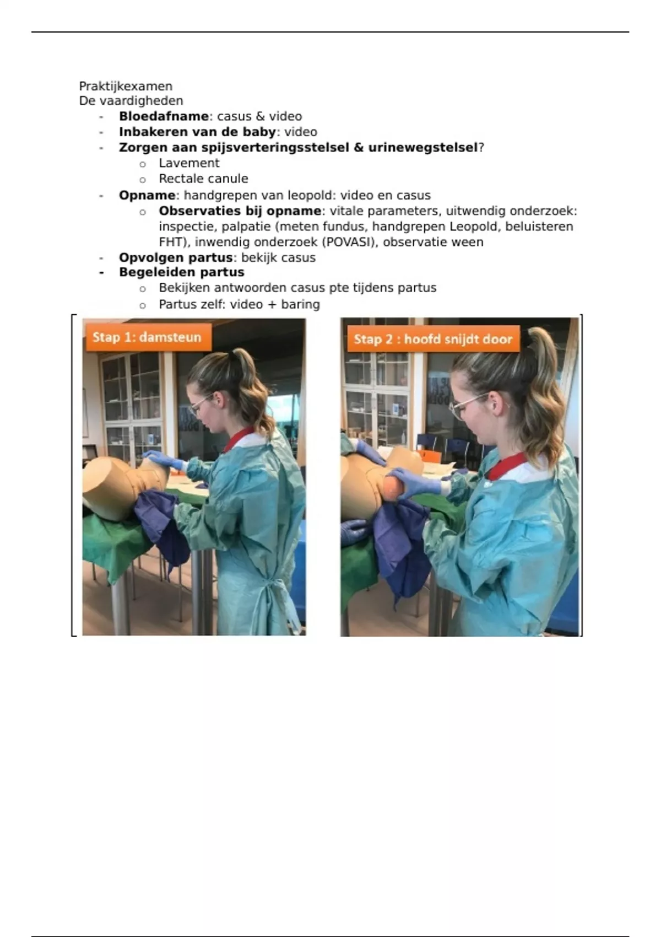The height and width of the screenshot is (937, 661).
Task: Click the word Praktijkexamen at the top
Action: [x=126, y=87]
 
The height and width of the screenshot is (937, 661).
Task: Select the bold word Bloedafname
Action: [x=164, y=116]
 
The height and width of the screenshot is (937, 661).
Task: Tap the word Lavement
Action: [x=189, y=163]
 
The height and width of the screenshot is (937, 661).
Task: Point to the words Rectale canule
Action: [x=203, y=179]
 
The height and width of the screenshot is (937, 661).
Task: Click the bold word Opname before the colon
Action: [x=147, y=195]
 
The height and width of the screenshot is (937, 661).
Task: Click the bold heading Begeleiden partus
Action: [x=181, y=272]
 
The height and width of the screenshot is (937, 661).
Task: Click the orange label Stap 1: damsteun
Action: [x=148, y=337]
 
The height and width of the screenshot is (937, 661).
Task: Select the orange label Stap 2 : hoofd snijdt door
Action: [x=433, y=339]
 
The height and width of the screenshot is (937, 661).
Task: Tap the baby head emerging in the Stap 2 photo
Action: [x=393, y=487]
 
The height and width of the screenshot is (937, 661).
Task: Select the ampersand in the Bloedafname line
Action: [x=259, y=116]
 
